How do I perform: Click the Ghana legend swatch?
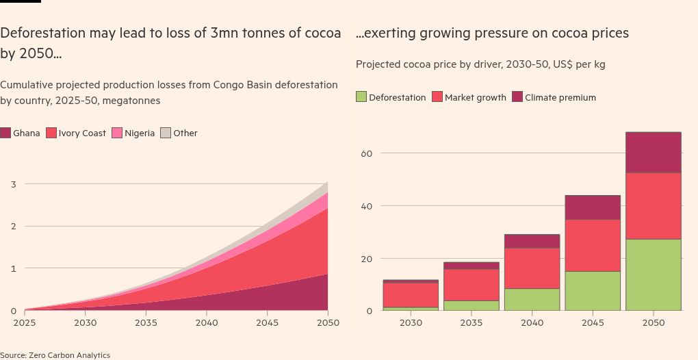point(5,133)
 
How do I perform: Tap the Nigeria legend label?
point(140,133)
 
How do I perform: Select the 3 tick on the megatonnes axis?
point(13,184)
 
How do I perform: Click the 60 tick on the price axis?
point(366,153)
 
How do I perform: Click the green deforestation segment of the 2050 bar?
point(653,274)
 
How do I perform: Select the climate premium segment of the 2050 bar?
point(653,153)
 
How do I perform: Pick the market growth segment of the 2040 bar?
point(532,268)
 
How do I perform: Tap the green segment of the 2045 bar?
point(593,291)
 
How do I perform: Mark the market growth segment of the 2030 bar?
point(411,295)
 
